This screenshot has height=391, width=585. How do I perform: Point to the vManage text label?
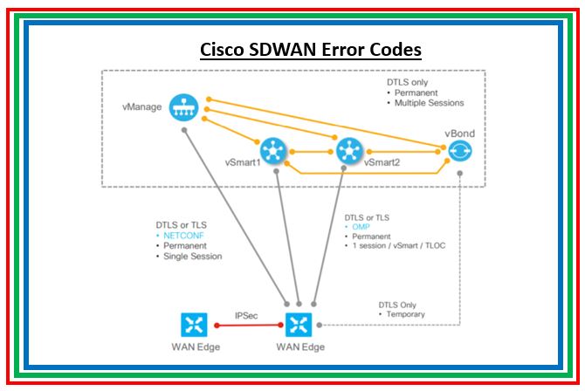click(x=143, y=109)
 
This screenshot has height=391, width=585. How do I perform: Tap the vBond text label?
click(x=459, y=134)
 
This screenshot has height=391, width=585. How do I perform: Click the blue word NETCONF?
click(x=175, y=236)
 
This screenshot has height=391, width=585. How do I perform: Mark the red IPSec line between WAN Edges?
click(x=246, y=326)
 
